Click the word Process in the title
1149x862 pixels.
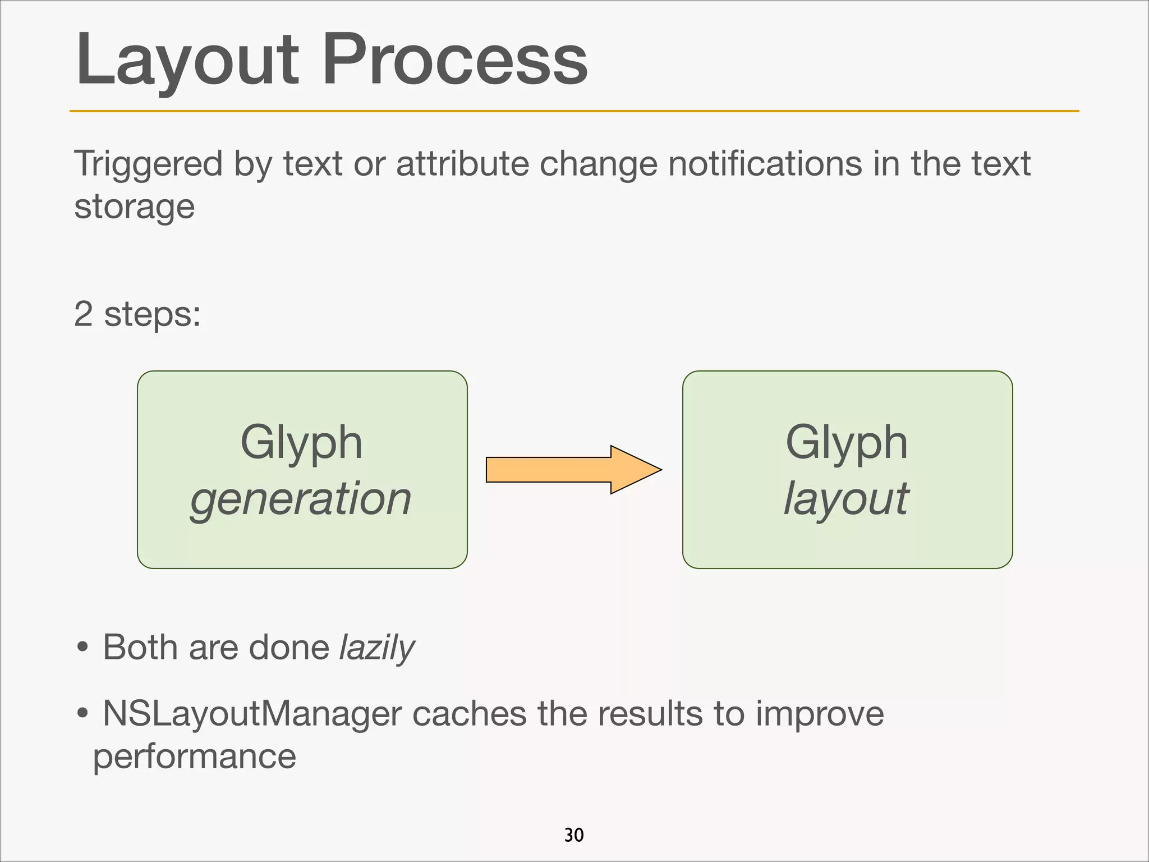tap(454, 59)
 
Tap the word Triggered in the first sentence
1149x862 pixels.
tap(148, 164)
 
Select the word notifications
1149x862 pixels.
tap(765, 163)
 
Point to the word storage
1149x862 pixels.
tap(134, 207)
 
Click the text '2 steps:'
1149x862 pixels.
tap(137, 314)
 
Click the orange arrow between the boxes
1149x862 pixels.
tap(573, 470)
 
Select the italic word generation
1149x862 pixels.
tap(301, 499)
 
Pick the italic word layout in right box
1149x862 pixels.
tap(846, 499)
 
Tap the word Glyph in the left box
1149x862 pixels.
tap(301, 443)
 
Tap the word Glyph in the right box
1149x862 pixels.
tap(846, 443)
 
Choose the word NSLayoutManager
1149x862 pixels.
tap(252, 714)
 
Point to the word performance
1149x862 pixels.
tap(194, 757)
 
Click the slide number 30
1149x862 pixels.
tap(574, 835)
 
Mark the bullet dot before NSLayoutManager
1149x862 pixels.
tap(82, 714)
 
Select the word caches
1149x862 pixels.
tap(470, 714)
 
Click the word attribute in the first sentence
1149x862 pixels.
tap(462, 163)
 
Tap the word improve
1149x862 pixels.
tap(819, 714)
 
